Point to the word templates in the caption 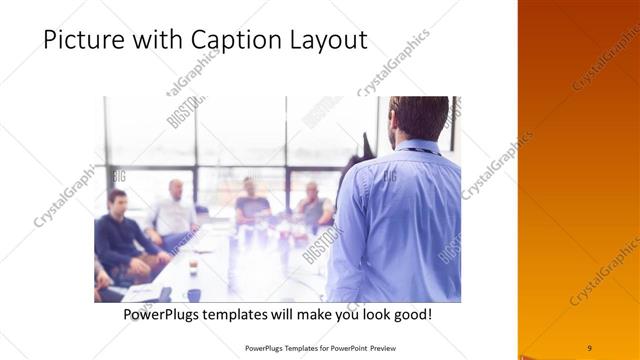(250, 314)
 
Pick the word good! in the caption (411, 314)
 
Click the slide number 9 (589, 347)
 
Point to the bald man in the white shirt (174, 210)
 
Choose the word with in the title (152, 40)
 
